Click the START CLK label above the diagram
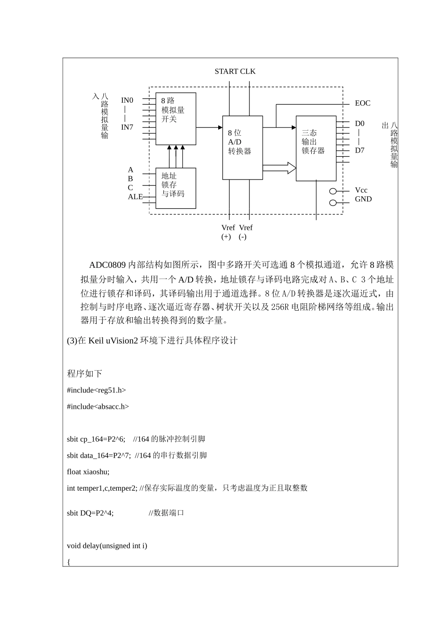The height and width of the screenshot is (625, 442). [x=235, y=72]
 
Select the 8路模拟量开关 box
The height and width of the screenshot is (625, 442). [x=175, y=119]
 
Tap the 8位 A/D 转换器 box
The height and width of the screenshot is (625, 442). [x=242, y=147]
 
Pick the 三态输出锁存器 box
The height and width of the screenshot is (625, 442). [x=316, y=148]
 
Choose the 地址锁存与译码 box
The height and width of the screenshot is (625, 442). [x=175, y=188]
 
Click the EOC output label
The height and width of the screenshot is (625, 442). [x=362, y=103]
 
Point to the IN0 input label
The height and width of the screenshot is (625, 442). [x=127, y=100]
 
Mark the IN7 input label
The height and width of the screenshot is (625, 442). [x=127, y=127]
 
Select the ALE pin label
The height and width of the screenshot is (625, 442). [x=135, y=197]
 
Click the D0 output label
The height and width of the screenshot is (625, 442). [x=360, y=124]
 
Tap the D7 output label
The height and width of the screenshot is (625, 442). [x=360, y=150]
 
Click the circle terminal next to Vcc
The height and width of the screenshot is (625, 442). [x=333, y=191]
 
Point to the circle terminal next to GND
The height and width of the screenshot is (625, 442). [x=333, y=203]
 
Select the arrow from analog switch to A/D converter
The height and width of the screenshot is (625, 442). [x=209, y=127]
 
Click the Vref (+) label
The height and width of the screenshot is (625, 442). [x=228, y=232]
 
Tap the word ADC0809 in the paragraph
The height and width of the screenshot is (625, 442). [x=107, y=265]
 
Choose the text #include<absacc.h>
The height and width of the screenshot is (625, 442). [x=98, y=406]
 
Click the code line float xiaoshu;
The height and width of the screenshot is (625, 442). [x=88, y=472]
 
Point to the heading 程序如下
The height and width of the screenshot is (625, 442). [x=84, y=373]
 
